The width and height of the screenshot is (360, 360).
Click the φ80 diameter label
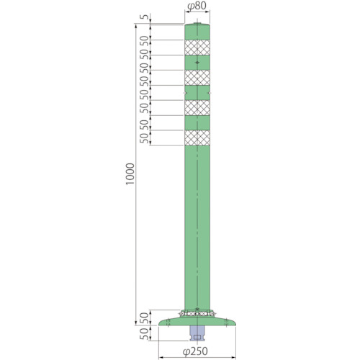197,6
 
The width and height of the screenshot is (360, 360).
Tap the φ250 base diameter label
195,351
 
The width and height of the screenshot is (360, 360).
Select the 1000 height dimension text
130,174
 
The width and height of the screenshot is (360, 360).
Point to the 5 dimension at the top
145,17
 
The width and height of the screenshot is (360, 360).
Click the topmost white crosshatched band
197,48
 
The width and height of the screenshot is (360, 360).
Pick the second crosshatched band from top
197,78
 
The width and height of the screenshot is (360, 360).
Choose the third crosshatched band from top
197,108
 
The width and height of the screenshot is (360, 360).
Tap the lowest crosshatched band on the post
197,138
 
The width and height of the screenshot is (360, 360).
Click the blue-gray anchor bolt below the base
197,333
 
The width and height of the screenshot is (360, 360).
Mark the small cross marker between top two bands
197,63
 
